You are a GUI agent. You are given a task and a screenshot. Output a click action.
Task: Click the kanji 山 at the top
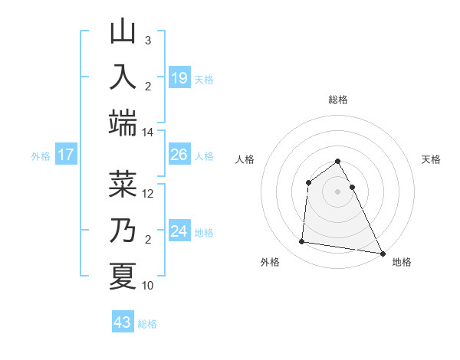[123, 33]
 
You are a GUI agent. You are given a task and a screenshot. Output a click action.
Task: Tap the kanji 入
[123, 77]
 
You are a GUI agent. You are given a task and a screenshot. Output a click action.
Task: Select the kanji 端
[123, 123]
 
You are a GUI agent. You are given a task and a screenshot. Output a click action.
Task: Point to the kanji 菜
[123, 184]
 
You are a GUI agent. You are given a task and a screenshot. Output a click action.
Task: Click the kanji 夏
[123, 276]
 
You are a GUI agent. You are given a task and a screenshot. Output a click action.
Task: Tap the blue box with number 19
[179, 78]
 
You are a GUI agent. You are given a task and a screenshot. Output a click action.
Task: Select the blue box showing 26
[179, 155]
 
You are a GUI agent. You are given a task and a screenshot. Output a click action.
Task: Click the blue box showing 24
[179, 231]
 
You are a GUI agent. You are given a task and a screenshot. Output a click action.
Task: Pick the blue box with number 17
[66, 155]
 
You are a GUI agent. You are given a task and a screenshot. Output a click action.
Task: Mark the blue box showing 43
[122, 322]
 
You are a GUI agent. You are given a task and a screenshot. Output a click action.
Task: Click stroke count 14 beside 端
[148, 133]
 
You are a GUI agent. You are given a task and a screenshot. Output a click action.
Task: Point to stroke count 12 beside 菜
[148, 193]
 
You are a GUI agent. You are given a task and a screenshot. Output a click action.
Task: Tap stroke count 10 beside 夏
[148, 285]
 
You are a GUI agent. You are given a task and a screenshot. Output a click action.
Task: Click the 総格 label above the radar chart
[337, 100]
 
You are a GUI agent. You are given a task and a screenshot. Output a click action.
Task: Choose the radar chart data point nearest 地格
[382, 254]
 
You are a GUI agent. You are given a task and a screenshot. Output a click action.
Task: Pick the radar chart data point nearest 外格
[302, 242]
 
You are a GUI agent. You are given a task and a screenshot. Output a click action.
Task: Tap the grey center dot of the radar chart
[337, 191]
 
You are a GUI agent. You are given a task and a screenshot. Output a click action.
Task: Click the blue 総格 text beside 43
[147, 324]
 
